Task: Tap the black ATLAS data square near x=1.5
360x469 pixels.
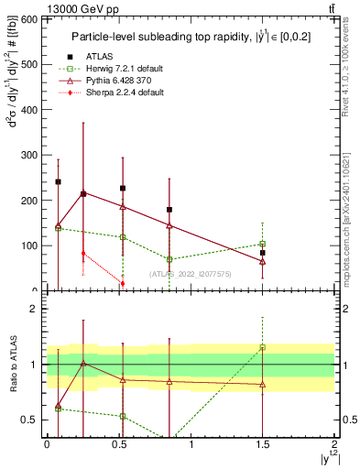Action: pos(263,253)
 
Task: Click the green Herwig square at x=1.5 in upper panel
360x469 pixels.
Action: pos(263,244)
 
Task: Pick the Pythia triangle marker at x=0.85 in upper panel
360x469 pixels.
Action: pos(169,225)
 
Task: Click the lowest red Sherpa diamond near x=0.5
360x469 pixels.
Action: pos(123,284)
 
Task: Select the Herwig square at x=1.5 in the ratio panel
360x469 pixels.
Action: pos(263,347)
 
